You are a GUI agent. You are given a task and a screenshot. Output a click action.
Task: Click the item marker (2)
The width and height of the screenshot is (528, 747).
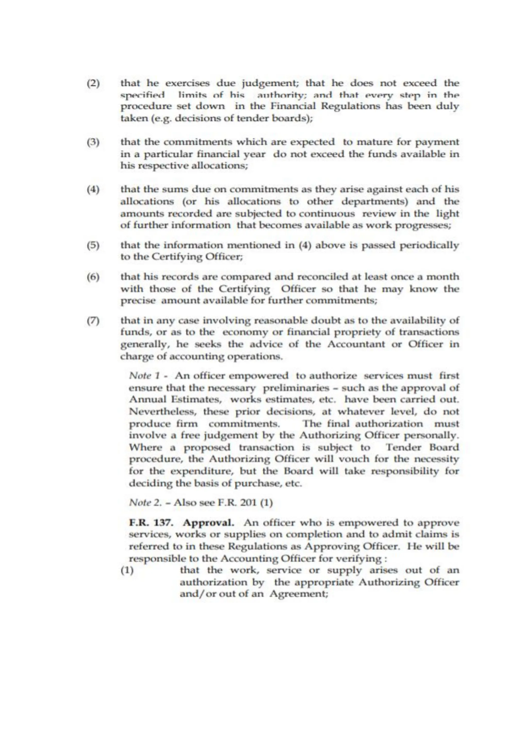[93, 84]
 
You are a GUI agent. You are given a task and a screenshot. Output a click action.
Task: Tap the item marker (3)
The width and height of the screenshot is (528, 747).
[93, 142]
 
